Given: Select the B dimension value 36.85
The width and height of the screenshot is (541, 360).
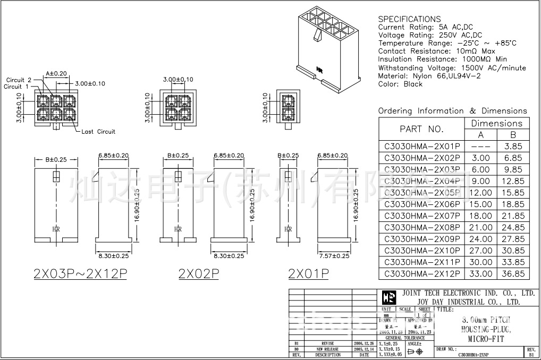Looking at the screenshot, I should (513, 274).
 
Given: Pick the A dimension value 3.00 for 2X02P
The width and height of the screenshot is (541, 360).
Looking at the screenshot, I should (481, 158).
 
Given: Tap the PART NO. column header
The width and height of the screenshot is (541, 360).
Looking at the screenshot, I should (421, 129).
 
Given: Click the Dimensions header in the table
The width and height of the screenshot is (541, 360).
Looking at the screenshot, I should (497, 123).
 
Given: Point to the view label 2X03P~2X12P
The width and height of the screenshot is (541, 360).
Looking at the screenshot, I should (80, 273).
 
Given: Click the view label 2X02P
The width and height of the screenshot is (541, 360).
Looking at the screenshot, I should (199, 273).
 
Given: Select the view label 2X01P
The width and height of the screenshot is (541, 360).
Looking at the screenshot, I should (308, 273).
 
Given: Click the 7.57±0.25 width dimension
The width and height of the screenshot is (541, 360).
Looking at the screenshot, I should (334, 256).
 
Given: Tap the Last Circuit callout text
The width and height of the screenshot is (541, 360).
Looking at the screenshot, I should (98, 132).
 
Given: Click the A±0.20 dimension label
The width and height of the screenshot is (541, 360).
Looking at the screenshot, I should (56, 73).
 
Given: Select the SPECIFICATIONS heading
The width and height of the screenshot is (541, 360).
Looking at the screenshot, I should (409, 19).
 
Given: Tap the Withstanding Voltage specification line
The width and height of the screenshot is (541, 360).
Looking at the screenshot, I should (452, 68).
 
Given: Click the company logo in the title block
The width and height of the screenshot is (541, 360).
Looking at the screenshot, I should (389, 297).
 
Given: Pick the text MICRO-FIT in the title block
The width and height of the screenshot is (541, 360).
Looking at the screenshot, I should (486, 338).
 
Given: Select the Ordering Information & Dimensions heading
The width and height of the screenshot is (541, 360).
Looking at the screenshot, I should (452, 111).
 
